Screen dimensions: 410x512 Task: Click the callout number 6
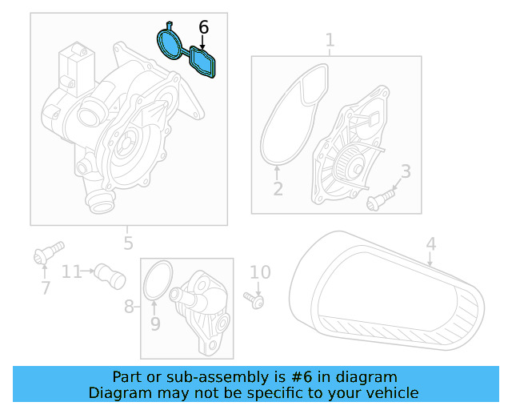coord(203,27)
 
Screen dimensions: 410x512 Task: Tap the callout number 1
coord(330,40)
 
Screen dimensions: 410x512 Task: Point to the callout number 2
coord(278,189)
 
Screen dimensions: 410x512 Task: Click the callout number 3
coord(406,171)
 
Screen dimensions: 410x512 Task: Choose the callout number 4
coord(430,243)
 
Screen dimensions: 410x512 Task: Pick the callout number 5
coord(128,243)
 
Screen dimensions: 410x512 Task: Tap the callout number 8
coord(129,307)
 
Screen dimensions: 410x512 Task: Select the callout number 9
coord(155,324)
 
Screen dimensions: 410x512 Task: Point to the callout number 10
coord(260,272)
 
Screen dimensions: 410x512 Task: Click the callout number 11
coord(72,272)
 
